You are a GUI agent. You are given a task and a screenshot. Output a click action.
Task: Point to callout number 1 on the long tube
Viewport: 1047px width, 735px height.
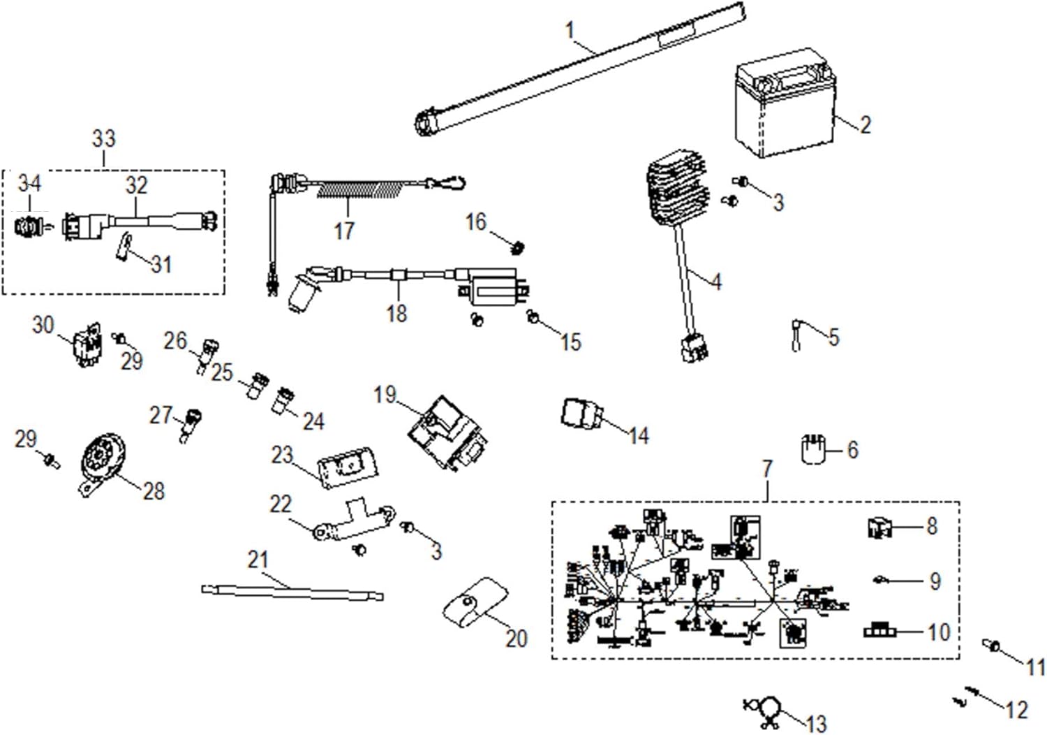570,31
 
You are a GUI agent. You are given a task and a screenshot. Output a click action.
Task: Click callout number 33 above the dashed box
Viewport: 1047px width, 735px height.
103,138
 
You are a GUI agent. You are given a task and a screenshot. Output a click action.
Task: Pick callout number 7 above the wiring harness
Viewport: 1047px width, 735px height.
767,469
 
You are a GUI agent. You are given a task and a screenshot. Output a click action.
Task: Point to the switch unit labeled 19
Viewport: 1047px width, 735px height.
447,432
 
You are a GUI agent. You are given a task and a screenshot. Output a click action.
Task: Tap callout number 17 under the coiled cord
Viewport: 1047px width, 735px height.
344,231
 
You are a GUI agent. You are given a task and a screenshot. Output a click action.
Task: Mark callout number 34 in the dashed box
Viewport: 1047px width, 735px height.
29,184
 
